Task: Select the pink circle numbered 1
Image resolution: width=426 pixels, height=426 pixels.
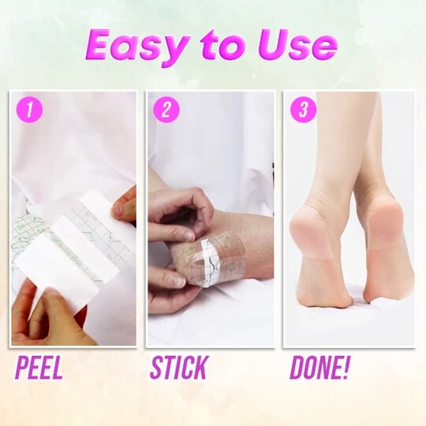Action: tap(30, 110)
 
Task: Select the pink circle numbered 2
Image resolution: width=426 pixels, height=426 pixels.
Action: tap(166, 110)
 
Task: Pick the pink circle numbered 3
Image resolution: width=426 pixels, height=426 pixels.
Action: tap(303, 110)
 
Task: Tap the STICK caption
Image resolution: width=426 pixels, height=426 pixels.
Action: tap(178, 368)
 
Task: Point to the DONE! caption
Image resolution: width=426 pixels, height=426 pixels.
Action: tap(319, 368)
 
